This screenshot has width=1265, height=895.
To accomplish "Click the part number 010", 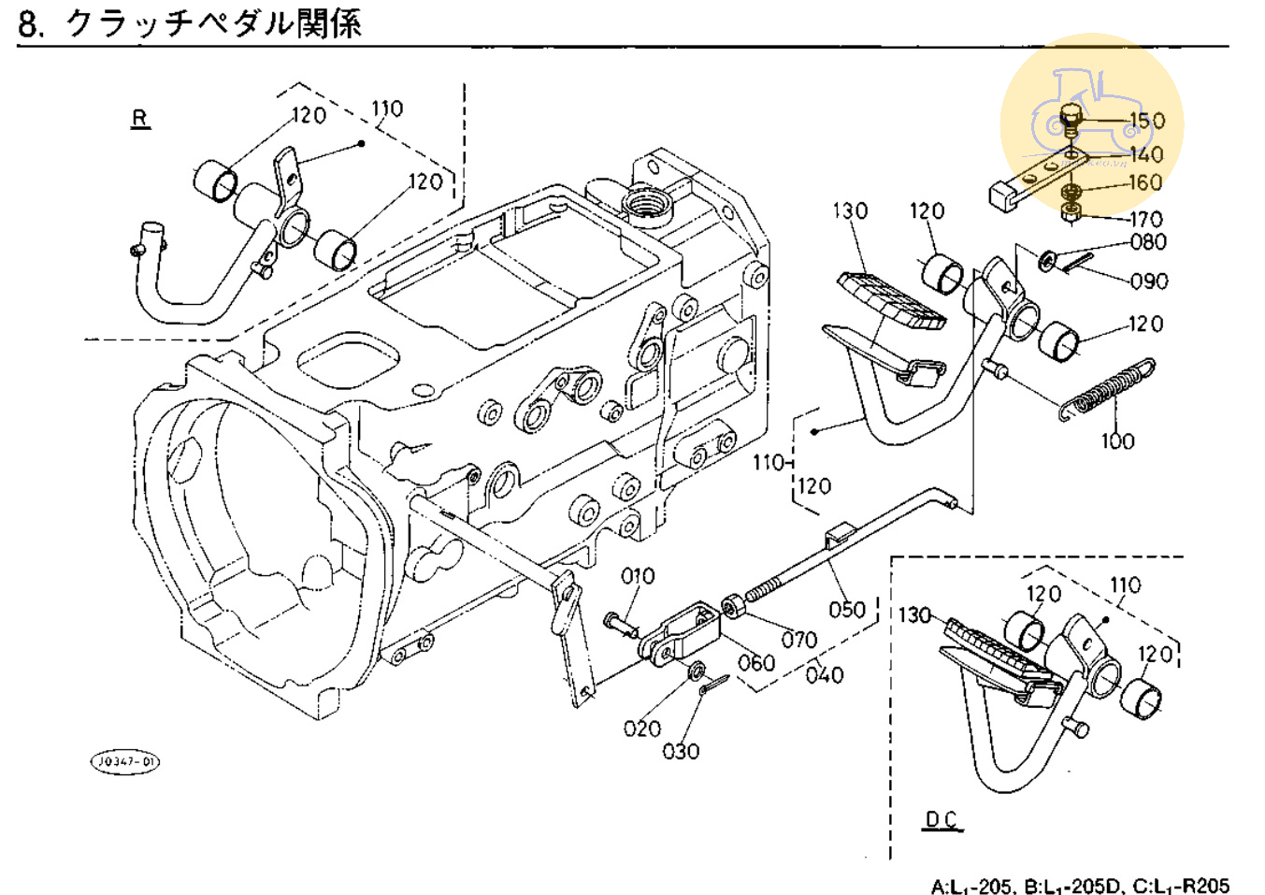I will point(638,576).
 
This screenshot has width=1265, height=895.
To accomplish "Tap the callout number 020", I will point(641,728).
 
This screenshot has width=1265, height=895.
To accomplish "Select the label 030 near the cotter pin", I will point(681,751).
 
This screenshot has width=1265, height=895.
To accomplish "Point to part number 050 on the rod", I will point(846,610).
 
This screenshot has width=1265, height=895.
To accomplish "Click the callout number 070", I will point(799,640).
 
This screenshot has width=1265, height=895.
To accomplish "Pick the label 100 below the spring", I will point(1117,440).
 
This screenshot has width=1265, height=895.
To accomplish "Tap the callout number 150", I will point(1147,121).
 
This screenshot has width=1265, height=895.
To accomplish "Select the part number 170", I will point(1145,220).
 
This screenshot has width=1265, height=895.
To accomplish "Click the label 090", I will point(1149,281).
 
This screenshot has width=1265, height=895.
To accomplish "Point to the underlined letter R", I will point(140,119).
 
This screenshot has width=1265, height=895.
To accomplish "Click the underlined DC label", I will point(942,820).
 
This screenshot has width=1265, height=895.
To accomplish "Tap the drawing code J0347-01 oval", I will point(125,761).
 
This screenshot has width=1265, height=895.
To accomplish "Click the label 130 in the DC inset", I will point(914,615).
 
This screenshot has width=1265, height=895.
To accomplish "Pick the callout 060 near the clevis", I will point(756,663).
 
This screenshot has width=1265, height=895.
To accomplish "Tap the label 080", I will point(1148,242).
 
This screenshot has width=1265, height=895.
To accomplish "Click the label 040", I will point(825,674).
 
